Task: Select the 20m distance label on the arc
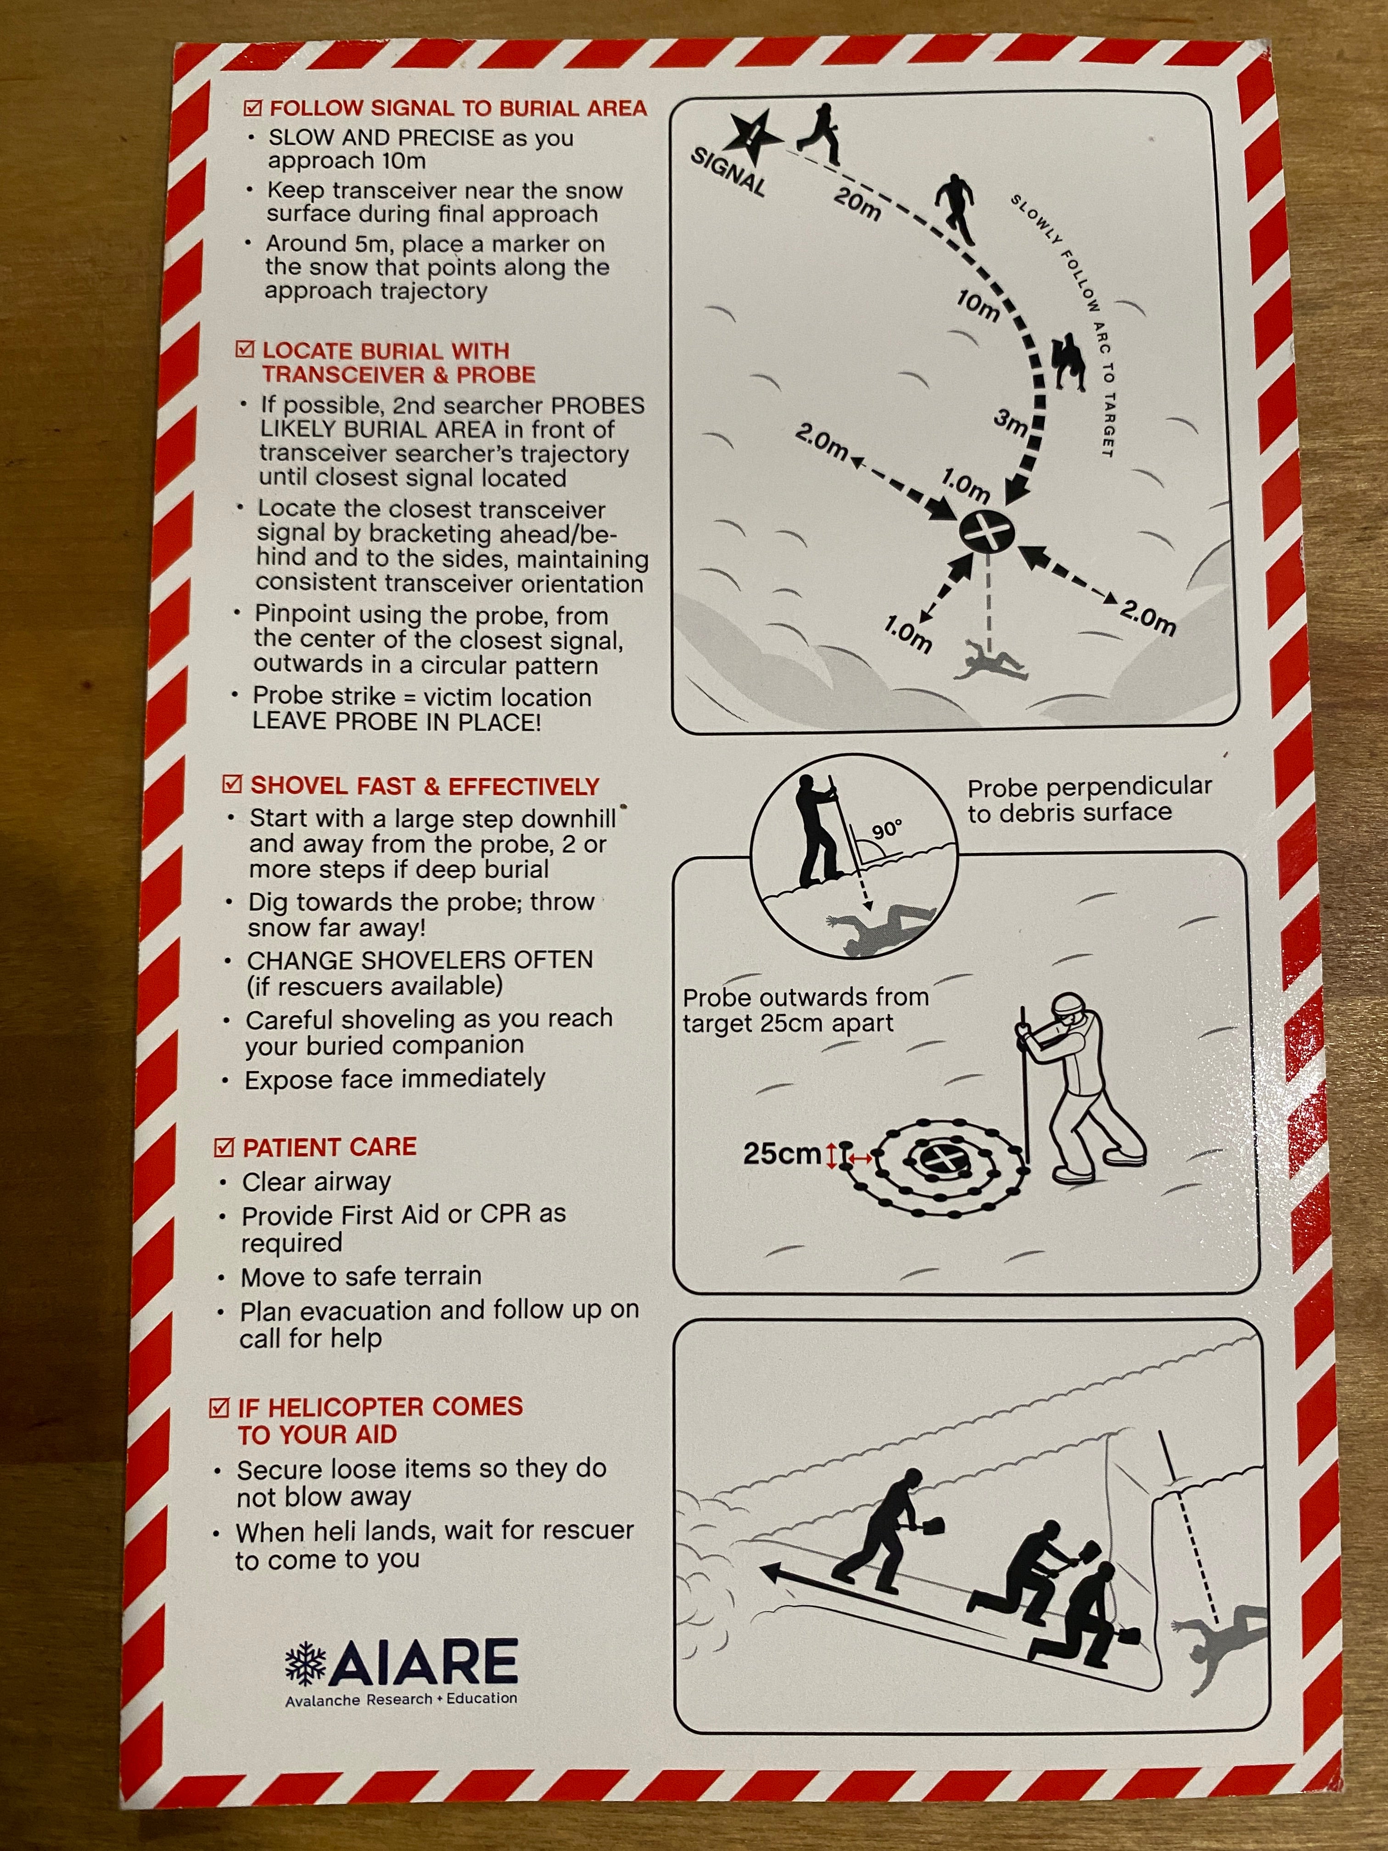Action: tap(857, 204)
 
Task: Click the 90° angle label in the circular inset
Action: tap(887, 829)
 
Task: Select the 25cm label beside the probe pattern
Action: tap(781, 1154)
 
